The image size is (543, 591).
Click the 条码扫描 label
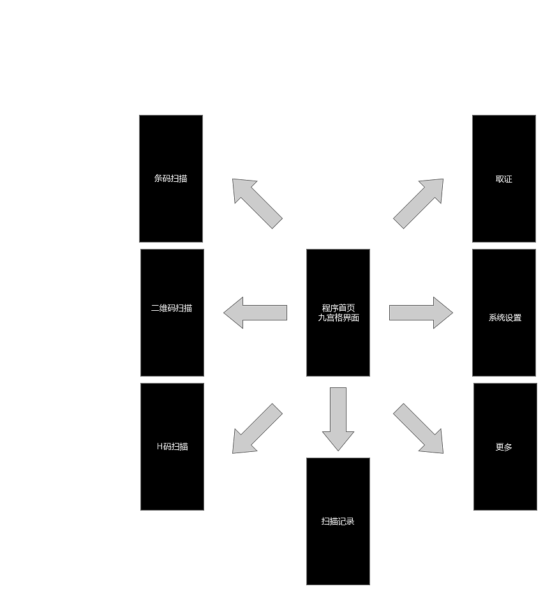click(171, 178)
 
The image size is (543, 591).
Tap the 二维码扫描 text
click(172, 308)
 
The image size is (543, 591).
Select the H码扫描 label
click(172, 446)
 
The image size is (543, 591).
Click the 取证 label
click(504, 179)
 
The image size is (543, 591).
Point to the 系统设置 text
click(505, 317)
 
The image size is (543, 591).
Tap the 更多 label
click(504, 447)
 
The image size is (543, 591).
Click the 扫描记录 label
click(338, 521)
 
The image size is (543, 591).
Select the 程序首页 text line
click(338, 308)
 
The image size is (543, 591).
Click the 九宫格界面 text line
click(338, 317)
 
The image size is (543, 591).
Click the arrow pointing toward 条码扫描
click(257, 203)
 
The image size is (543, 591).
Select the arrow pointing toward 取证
click(419, 203)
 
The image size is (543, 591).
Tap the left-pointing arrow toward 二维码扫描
click(255, 313)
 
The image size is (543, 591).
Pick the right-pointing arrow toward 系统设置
click(421, 313)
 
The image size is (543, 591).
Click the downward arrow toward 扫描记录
click(338, 419)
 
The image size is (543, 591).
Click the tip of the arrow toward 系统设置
click(452, 313)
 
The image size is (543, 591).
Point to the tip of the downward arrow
click(338, 451)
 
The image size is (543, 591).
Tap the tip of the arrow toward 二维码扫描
click(224, 313)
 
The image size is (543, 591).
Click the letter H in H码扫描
click(160, 446)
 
